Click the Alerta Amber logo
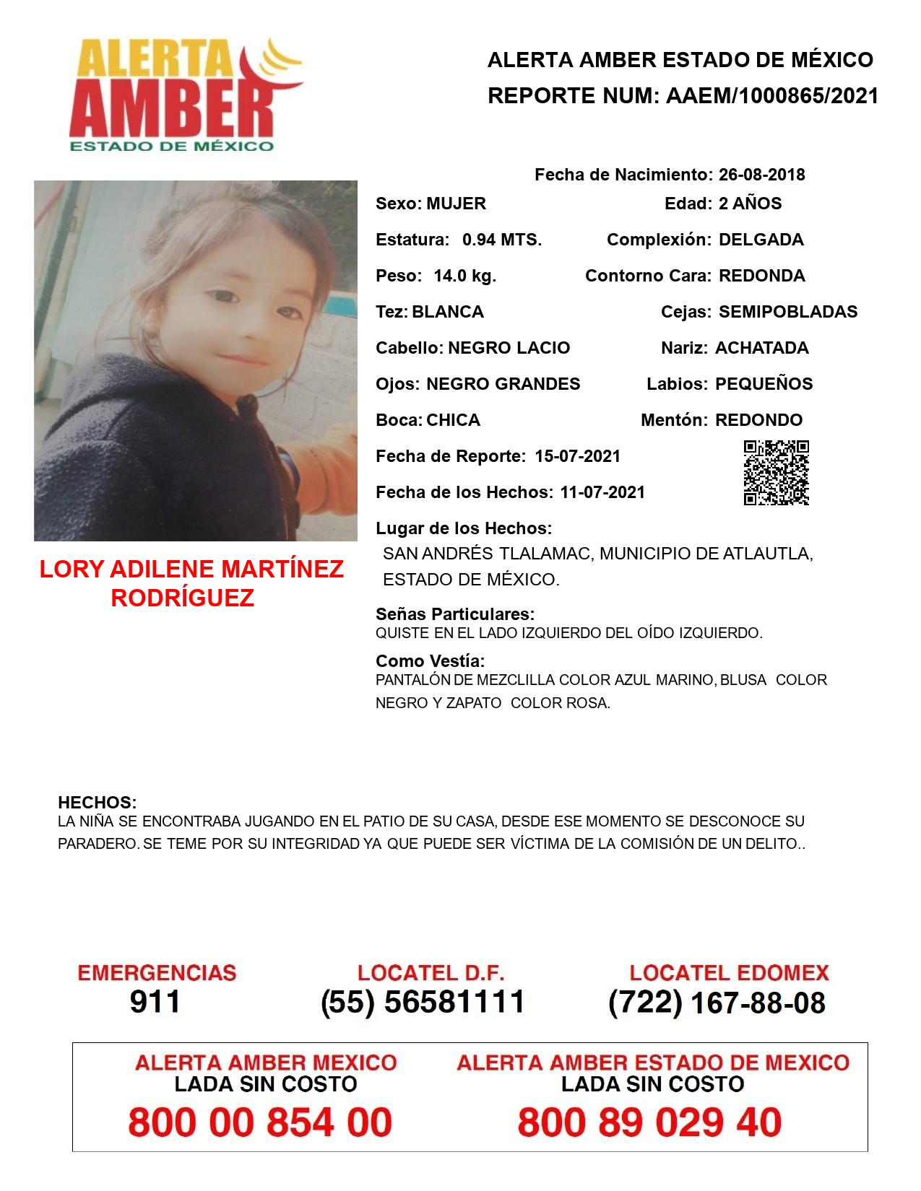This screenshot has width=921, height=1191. tap(184, 94)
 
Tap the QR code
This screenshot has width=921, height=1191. tap(776, 473)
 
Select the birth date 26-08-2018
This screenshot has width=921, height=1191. tap(761, 175)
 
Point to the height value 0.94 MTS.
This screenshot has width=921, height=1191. tap(502, 240)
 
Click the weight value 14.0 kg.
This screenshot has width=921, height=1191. tap(464, 276)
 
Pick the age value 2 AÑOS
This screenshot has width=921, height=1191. tap(750, 204)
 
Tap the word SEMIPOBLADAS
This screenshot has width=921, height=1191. tap(788, 312)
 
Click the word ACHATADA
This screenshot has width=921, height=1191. tap(761, 348)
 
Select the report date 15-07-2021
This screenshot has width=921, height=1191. tap(577, 456)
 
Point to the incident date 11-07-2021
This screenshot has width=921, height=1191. tap(602, 492)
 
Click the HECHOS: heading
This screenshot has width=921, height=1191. tap(97, 803)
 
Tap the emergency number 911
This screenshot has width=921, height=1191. tap(155, 1002)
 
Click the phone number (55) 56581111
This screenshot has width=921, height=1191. tap(423, 1002)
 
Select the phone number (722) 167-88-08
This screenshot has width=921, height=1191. tap(717, 1003)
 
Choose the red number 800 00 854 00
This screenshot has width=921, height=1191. tap(260, 1122)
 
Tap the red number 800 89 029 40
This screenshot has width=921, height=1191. tap(649, 1122)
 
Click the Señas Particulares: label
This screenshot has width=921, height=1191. tap(455, 614)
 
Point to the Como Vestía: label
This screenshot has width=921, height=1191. tap(430, 660)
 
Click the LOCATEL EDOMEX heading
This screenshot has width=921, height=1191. tap(729, 973)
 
